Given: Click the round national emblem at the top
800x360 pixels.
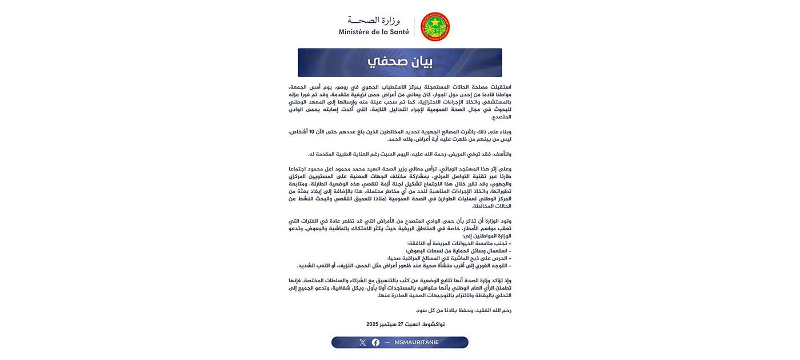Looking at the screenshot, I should click(x=435, y=27).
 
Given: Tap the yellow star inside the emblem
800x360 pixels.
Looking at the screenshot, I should click(x=435, y=23).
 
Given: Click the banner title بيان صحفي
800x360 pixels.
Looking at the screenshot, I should click(x=399, y=62).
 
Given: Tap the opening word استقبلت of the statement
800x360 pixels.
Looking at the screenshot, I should click(x=499, y=87).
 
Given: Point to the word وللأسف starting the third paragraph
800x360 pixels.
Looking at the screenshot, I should click(x=502, y=154).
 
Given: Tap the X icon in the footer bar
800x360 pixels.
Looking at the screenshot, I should click(x=362, y=343).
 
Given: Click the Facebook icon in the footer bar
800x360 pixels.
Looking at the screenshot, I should click(x=375, y=343).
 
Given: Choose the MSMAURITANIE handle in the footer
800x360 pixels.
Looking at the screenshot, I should click(x=417, y=343).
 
